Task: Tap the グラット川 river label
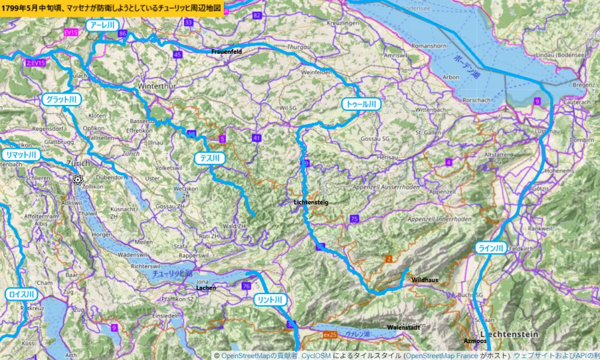pos(61,100)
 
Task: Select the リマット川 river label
pos(21,155)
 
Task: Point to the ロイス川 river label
pos(22,295)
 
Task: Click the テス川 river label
pos(209,158)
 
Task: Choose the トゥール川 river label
pos(361,104)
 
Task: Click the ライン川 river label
pos(492,248)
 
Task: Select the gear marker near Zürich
pos(77,179)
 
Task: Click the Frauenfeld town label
pos(227,52)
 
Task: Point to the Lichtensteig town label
pos(311,203)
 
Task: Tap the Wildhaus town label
pos(425,280)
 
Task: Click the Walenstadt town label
pos(403,328)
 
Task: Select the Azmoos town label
pos(475,341)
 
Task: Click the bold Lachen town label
pos(206,288)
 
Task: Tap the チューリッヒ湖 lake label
pos(172,274)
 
